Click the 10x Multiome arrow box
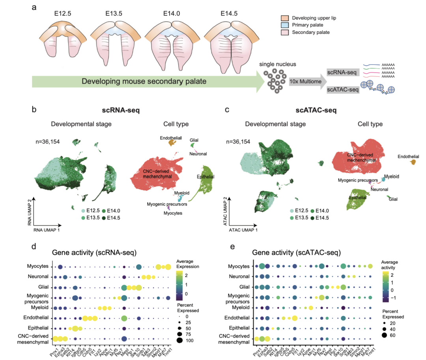point(306,81)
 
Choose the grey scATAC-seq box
point(342,90)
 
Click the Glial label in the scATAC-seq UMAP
point(393,200)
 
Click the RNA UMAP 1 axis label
point(47,229)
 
